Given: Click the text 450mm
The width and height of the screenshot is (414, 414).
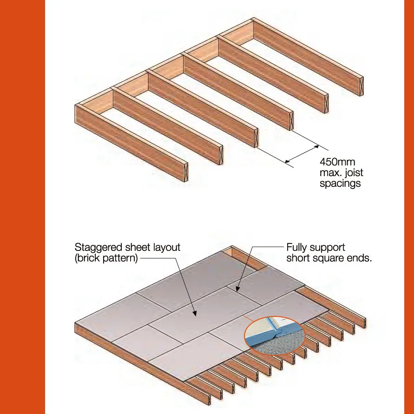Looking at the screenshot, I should [x=337, y=162].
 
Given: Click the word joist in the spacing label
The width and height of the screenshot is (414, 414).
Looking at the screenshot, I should [x=353, y=173].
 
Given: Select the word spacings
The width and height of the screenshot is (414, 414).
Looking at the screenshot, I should [x=340, y=184].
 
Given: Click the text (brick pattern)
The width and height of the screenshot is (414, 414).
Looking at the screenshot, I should [x=106, y=258].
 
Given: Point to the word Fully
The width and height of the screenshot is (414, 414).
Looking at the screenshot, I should [x=297, y=247].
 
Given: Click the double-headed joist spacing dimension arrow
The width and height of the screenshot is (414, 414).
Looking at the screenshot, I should [x=302, y=155].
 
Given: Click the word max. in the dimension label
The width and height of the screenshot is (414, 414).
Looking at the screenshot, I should [x=331, y=173].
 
